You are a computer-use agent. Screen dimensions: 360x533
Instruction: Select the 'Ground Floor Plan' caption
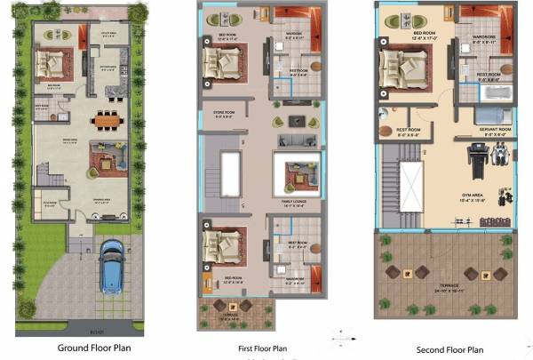click(x=96, y=348)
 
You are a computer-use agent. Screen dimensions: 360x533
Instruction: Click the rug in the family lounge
click(x=296, y=175)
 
